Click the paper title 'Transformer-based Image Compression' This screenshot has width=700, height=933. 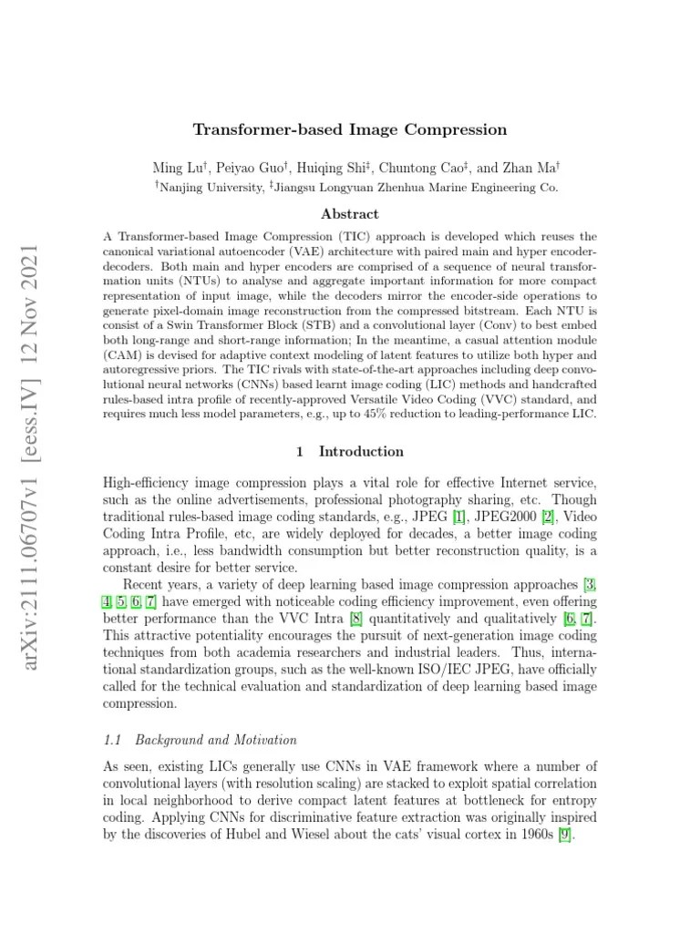pyautogui.click(x=349, y=129)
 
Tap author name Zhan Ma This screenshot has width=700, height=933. pyautogui.click(x=532, y=168)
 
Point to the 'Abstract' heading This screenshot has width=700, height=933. pyautogui.click(x=349, y=214)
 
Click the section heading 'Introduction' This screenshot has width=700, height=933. pyautogui.click(x=360, y=451)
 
